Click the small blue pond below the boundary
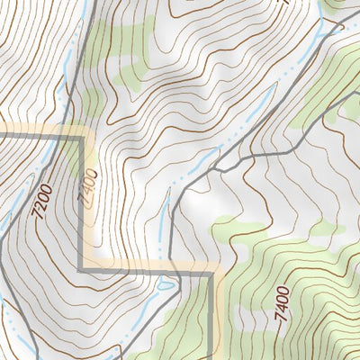click(x=165, y=285)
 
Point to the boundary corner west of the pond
click(x=84, y=267)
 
